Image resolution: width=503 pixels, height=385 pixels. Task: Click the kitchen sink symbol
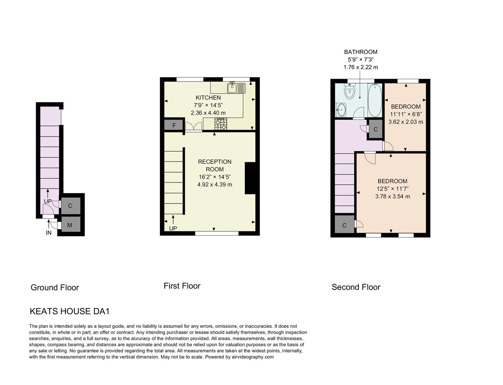(237, 88)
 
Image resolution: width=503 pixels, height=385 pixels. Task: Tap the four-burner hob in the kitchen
(220, 124)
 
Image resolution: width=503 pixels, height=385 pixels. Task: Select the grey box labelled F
(174, 125)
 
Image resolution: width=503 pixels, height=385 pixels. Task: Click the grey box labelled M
(70, 225)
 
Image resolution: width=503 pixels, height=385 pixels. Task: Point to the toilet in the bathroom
(350, 91)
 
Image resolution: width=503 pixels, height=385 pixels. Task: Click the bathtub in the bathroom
(375, 100)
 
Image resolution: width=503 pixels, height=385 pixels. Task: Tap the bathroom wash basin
(341, 110)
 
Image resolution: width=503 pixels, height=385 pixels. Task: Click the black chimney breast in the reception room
(250, 178)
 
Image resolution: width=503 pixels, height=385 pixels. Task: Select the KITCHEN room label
(208, 98)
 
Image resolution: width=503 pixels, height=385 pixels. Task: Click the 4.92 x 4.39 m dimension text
(214, 185)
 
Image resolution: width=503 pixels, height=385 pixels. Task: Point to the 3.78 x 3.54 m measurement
(392, 196)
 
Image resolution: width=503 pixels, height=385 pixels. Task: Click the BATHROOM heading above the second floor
(360, 52)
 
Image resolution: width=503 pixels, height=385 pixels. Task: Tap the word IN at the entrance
(49, 233)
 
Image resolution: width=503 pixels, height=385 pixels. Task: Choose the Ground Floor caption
(55, 288)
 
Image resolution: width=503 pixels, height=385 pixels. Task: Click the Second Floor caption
(356, 287)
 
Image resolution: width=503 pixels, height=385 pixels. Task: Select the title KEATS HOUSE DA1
(70, 311)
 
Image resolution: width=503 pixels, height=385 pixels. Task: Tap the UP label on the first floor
(173, 229)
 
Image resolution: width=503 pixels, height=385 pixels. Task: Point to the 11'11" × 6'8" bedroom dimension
(406, 114)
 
